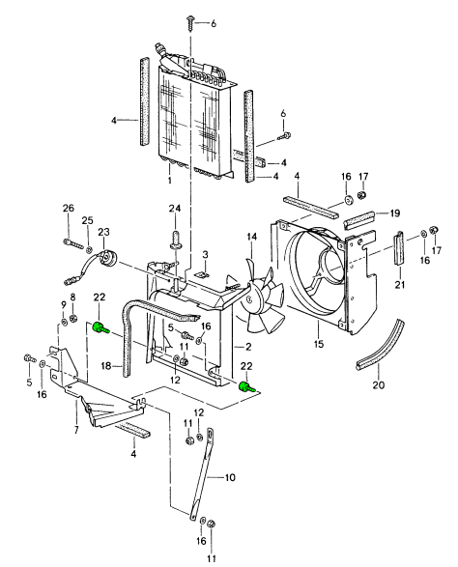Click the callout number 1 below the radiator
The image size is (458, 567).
click(x=169, y=181)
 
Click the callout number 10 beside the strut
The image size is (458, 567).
click(x=229, y=476)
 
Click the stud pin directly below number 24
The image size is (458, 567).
click(x=176, y=237)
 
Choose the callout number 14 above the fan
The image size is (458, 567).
click(x=250, y=236)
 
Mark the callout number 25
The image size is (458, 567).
click(x=88, y=223)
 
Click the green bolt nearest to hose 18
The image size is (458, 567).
click(x=100, y=330)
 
